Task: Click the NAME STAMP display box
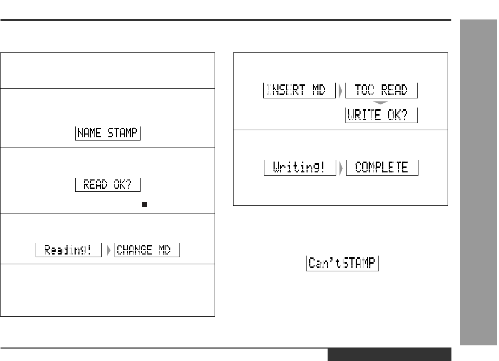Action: tap(108, 133)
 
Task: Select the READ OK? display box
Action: tap(108, 185)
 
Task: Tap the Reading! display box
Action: tap(69, 250)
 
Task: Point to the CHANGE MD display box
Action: tap(147, 250)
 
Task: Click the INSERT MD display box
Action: tap(296, 90)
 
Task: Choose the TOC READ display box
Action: tap(382, 90)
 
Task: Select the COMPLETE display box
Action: tap(382, 168)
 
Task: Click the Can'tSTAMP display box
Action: tap(343, 264)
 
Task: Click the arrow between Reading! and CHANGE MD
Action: tap(108, 250)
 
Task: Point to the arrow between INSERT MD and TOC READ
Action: tap(340, 90)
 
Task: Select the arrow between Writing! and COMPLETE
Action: tap(340, 168)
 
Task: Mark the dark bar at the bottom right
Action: tap(389, 355)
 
